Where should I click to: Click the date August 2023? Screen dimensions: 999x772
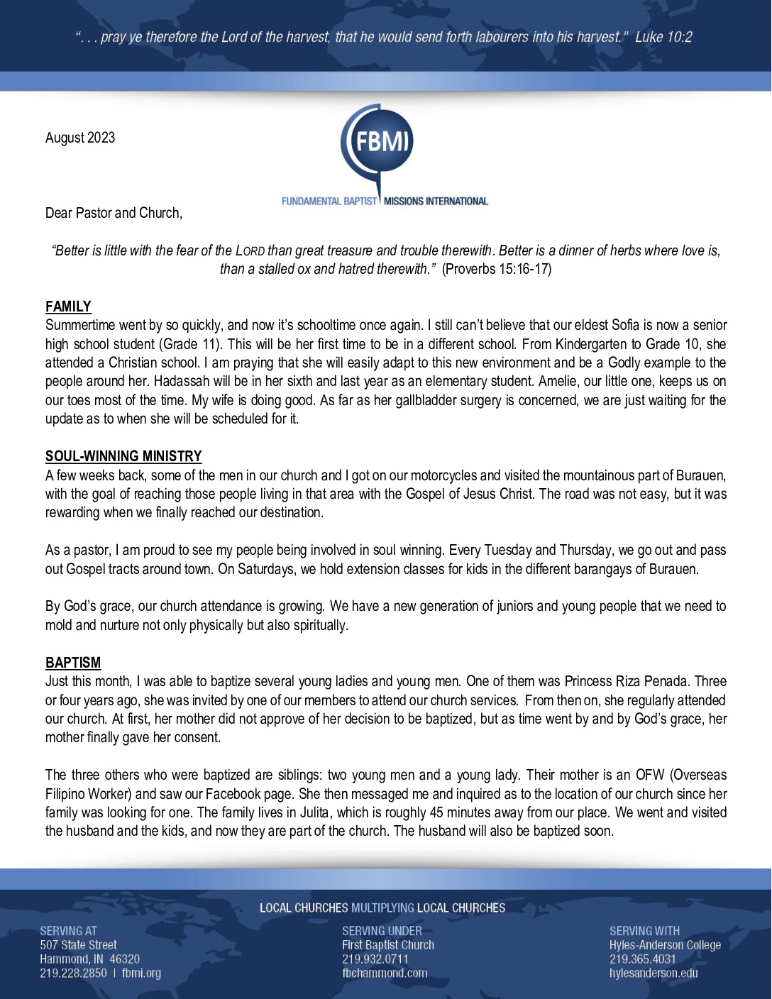pyautogui.click(x=80, y=138)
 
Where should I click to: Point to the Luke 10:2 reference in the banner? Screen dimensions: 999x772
pyautogui.click(x=663, y=37)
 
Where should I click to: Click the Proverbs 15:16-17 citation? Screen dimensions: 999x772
pyautogui.click(x=497, y=269)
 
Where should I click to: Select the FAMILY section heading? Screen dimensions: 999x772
pyautogui.click(x=68, y=307)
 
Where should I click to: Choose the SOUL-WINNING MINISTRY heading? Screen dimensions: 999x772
pyautogui.click(x=123, y=456)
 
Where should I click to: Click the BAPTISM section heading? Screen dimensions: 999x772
pyautogui.click(x=73, y=663)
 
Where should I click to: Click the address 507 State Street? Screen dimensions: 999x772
pyautogui.click(x=78, y=945)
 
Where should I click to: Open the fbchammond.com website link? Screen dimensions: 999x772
pyautogui.click(x=385, y=973)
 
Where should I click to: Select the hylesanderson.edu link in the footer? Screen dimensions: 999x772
pyautogui.click(x=654, y=973)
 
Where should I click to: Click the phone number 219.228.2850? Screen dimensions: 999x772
pyautogui.click(x=73, y=973)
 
